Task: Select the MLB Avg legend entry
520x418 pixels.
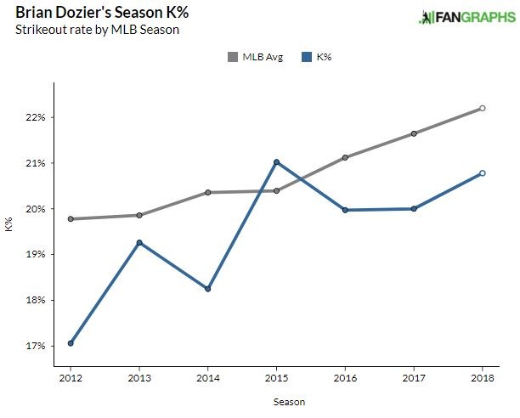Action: [x=254, y=57]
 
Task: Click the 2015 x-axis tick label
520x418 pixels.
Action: [x=276, y=376]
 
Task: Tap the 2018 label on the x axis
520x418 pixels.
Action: [x=483, y=376]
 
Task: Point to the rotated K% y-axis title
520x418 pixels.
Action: [x=9, y=226]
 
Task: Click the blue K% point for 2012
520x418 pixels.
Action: [x=71, y=343]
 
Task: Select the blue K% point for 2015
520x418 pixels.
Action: [x=276, y=162]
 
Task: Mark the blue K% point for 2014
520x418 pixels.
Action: [x=208, y=289]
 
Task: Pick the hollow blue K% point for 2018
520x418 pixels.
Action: [x=483, y=173]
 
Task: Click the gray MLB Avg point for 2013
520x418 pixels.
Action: [x=139, y=215]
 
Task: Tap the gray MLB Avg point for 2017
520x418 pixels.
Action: [x=414, y=133]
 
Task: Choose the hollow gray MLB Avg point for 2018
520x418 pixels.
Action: [x=483, y=108]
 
